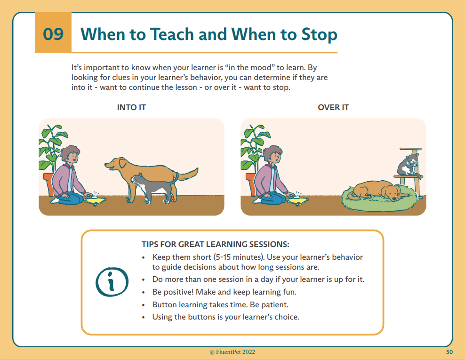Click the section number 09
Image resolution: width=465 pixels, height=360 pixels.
(53, 34)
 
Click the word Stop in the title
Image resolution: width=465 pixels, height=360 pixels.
(320, 34)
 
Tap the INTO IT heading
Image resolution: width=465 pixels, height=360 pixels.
(131, 107)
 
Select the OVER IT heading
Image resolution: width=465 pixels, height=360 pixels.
(333, 107)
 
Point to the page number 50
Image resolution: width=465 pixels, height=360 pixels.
(449, 352)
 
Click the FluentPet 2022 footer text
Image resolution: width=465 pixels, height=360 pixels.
(232, 352)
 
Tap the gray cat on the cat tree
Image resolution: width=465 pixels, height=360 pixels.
(409, 165)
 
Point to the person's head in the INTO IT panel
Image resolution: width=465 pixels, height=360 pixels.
(70, 154)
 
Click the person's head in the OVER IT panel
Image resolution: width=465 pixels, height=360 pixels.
(272, 154)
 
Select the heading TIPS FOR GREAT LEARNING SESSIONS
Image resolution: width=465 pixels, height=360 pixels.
(215, 244)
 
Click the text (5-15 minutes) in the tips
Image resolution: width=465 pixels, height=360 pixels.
(239, 257)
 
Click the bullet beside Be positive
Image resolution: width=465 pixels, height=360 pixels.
(144, 292)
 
